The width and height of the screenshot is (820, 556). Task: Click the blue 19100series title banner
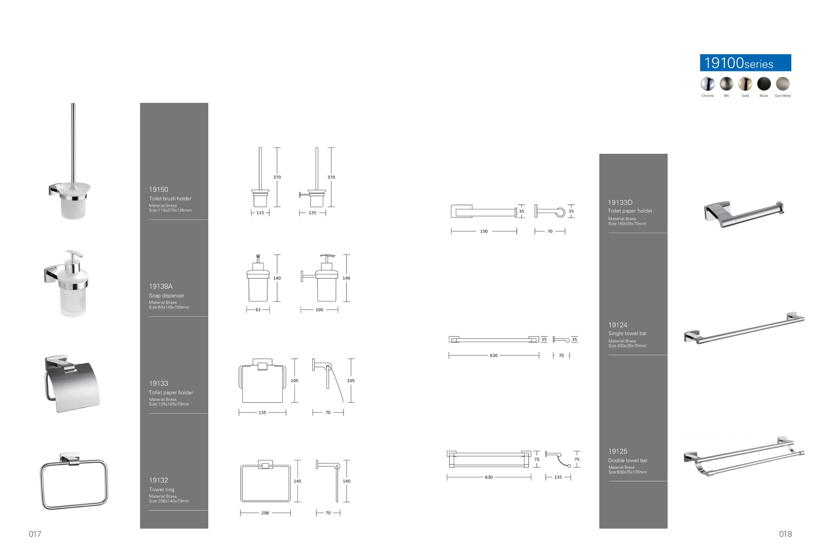pyautogui.click(x=745, y=63)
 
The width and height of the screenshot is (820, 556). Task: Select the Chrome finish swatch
pyautogui.click(x=707, y=84)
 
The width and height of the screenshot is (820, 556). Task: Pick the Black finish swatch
pyautogui.click(x=764, y=84)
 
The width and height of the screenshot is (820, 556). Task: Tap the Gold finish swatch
pyautogui.click(x=745, y=84)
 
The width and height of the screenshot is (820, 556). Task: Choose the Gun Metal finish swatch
pyautogui.click(x=783, y=84)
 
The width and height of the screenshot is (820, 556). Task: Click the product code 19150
pyautogui.click(x=159, y=189)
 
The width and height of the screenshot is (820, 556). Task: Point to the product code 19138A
pyautogui.click(x=161, y=286)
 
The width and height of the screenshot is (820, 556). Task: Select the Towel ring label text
pyautogui.click(x=162, y=490)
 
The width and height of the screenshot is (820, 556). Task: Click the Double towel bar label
pyautogui.click(x=628, y=460)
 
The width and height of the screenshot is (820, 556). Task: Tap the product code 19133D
pyautogui.click(x=620, y=203)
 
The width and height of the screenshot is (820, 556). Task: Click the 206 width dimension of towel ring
pyautogui.click(x=265, y=513)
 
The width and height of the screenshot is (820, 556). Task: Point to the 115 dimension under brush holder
pyautogui.click(x=260, y=213)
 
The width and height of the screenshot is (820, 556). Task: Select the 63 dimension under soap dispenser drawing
pyautogui.click(x=258, y=310)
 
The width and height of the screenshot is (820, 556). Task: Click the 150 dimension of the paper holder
pyautogui.click(x=484, y=231)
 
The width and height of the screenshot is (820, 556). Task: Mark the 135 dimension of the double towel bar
pyautogui.click(x=558, y=477)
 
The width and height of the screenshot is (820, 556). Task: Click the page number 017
pyautogui.click(x=35, y=534)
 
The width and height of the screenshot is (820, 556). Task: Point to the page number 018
pyautogui.click(x=785, y=534)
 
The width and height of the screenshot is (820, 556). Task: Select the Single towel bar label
pyautogui.click(x=627, y=333)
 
